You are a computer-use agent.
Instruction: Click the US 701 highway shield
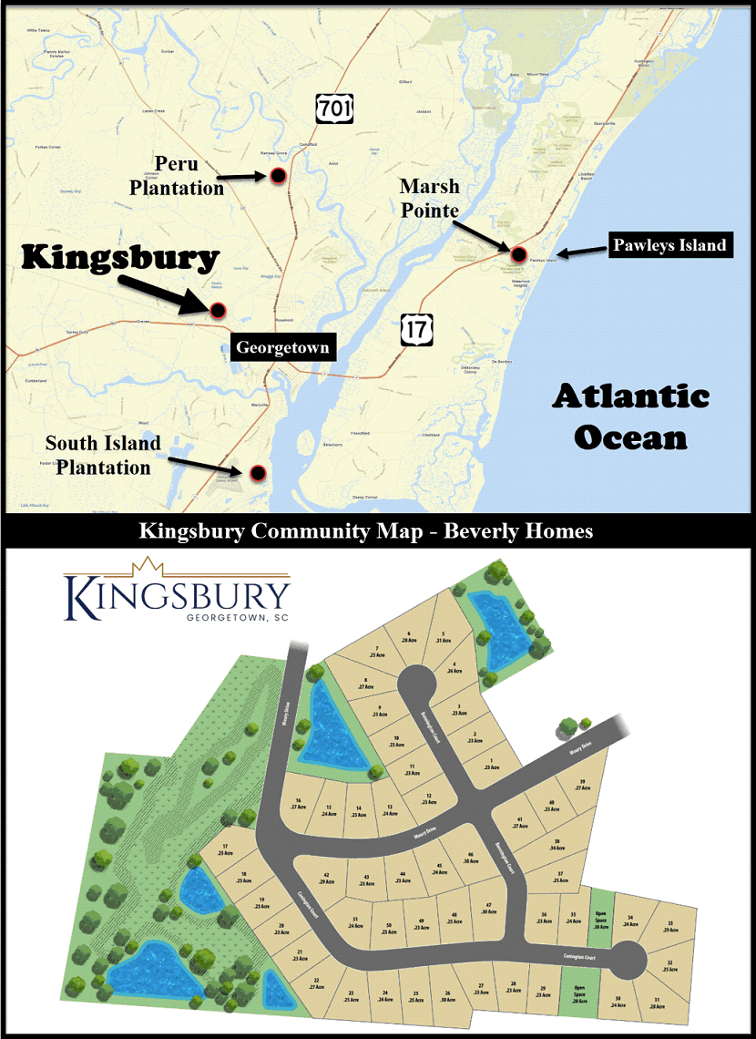(x=332, y=107)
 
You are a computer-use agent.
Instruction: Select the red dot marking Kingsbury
(x=219, y=310)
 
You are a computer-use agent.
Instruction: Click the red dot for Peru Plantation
(x=280, y=176)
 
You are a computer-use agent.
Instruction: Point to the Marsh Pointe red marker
(x=518, y=253)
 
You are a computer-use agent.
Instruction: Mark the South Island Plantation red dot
(x=258, y=472)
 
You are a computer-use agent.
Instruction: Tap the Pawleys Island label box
(x=669, y=244)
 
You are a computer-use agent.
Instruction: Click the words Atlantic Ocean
(x=630, y=417)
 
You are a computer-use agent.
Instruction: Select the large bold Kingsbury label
(x=120, y=258)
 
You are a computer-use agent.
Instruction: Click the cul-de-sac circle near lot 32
(x=628, y=960)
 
